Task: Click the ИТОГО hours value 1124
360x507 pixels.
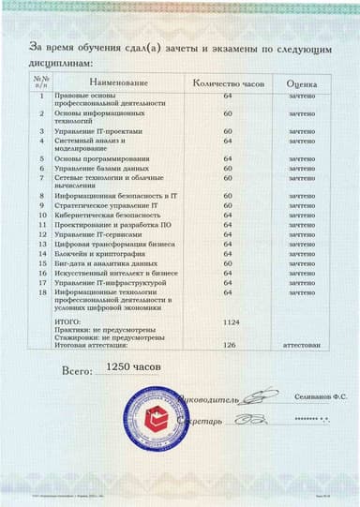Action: click(x=228, y=321)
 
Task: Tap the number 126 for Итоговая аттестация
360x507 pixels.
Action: click(x=228, y=345)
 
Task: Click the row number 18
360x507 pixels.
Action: click(x=42, y=291)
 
